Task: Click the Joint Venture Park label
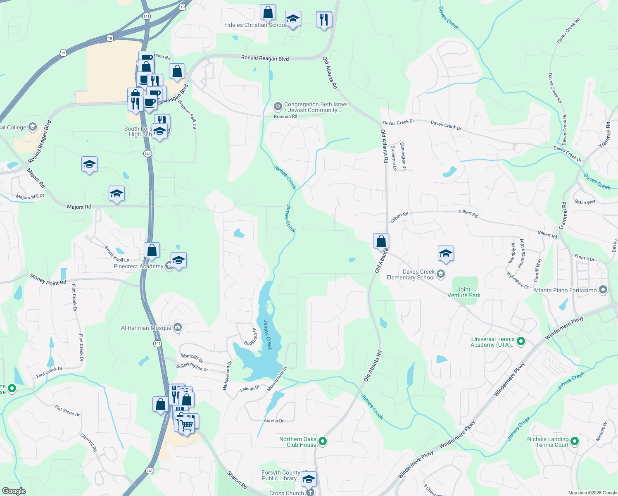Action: click(x=463, y=292)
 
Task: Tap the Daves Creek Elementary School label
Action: click(x=411, y=274)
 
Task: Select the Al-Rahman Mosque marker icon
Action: click(x=178, y=328)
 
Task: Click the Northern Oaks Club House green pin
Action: click(x=323, y=441)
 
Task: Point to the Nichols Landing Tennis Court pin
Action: click(x=574, y=441)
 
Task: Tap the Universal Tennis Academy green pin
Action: click(x=521, y=341)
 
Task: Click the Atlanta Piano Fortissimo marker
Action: click(x=603, y=290)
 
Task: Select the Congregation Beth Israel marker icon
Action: click(x=278, y=107)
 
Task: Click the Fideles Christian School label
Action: click(x=254, y=25)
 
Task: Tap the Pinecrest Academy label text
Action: click(x=138, y=267)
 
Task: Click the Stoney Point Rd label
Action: click(x=48, y=279)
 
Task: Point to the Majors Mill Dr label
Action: click(x=30, y=197)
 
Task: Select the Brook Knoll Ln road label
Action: click(x=116, y=254)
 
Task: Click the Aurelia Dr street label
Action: click(x=273, y=421)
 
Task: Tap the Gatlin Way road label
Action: click(x=585, y=202)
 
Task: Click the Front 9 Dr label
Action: click(x=584, y=258)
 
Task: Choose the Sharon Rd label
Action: click(x=237, y=481)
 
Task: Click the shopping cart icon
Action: click(x=187, y=424)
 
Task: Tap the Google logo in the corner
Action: click(x=14, y=491)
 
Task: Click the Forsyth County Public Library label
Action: click(x=280, y=475)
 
